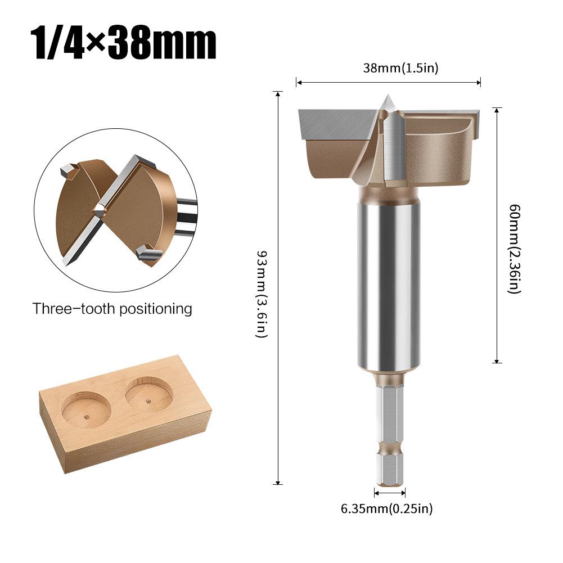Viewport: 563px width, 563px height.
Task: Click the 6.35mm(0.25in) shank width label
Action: tap(387, 509)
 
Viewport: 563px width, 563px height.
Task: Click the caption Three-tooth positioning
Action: tap(112, 309)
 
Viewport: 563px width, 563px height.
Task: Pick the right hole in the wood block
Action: tap(148, 393)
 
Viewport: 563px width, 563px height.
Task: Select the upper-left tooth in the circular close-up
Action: tap(67, 169)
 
